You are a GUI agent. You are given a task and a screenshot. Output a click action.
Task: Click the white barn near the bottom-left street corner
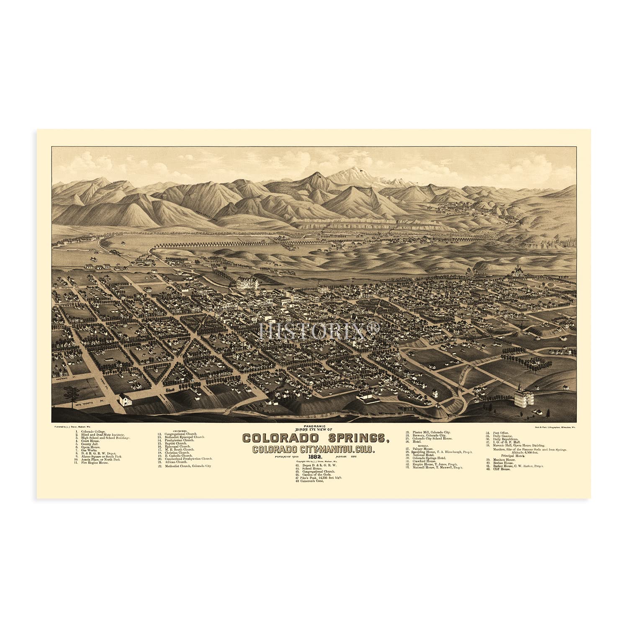pos(126,399)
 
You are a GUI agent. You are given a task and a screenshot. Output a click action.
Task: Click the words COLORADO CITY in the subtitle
pos(281,450)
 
